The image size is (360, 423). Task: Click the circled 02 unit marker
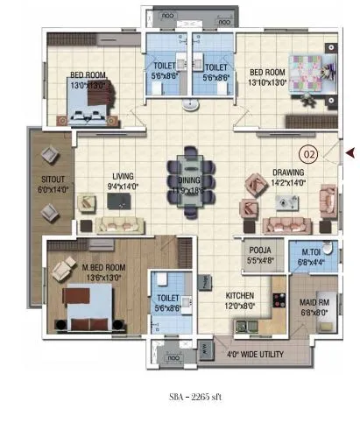pyautogui.click(x=307, y=152)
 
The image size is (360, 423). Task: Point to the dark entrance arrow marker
pyautogui.click(x=349, y=153)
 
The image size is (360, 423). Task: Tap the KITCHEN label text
pyautogui.click(x=239, y=295)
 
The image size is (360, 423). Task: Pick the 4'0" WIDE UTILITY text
pyautogui.click(x=256, y=356)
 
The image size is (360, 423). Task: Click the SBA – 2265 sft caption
pyautogui.click(x=195, y=397)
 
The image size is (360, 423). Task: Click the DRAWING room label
pyautogui.click(x=288, y=173)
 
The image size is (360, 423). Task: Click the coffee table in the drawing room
pyautogui.click(x=286, y=203)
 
